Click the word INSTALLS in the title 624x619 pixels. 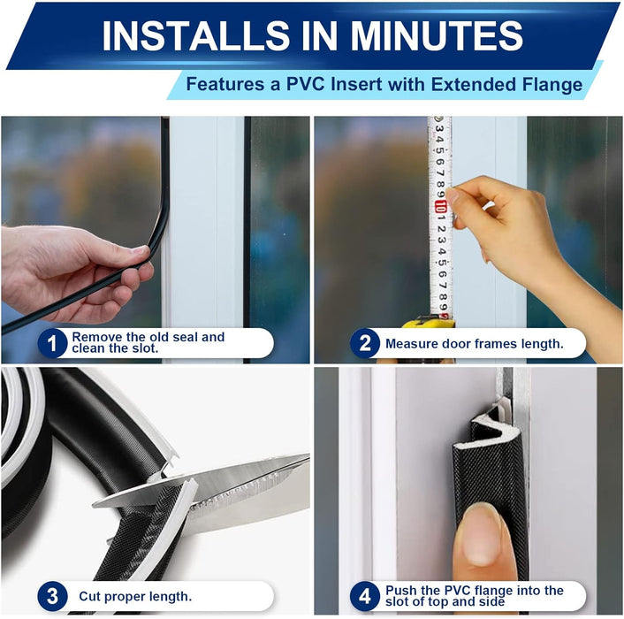click(x=188, y=36)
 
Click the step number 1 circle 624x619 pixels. click(x=53, y=343)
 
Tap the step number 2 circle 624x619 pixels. click(x=365, y=343)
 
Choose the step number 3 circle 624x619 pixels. click(x=53, y=595)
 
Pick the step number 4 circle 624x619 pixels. click(x=365, y=595)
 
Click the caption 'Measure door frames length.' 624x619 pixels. click(x=474, y=343)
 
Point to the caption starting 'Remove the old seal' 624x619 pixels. click(x=148, y=343)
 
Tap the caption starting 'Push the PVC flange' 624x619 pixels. click(x=474, y=596)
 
